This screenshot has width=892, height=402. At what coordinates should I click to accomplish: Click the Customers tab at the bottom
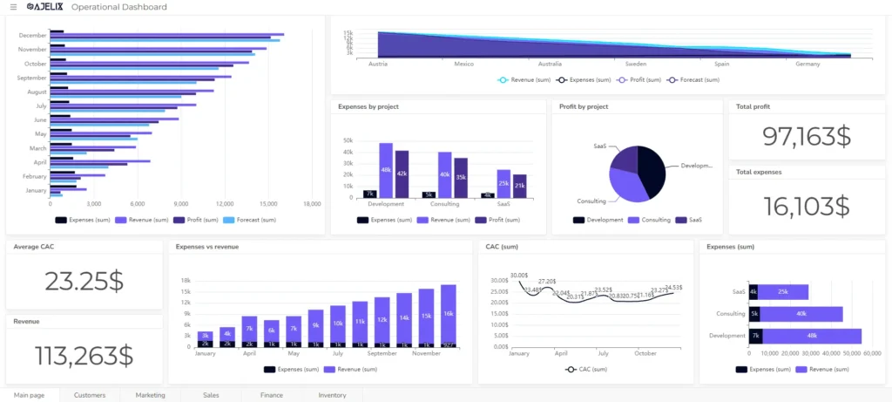click(x=90, y=395)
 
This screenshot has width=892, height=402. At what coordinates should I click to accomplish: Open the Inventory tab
click(x=332, y=395)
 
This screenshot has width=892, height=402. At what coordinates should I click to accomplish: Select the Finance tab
click(x=271, y=395)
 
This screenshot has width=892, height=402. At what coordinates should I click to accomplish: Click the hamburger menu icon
click(x=13, y=7)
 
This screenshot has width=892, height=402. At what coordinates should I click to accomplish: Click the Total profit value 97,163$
click(x=806, y=136)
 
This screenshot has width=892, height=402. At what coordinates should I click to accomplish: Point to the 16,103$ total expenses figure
click(x=806, y=206)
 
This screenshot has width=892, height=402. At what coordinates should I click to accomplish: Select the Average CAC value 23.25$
click(x=84, y=281)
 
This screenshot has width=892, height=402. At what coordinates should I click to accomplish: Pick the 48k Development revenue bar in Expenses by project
click(x=386, y=170)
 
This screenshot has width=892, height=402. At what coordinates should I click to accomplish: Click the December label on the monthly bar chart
click(x=32, y=35)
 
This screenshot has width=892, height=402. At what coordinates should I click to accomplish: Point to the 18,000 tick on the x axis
click(x=312, y=203)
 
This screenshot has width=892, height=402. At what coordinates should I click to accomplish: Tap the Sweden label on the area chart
click(x=636, y=64)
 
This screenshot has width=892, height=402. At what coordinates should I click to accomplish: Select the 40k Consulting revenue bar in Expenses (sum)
click(x=801, y=314)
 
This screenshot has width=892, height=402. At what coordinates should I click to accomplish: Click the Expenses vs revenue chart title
click(x=207, y=247)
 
